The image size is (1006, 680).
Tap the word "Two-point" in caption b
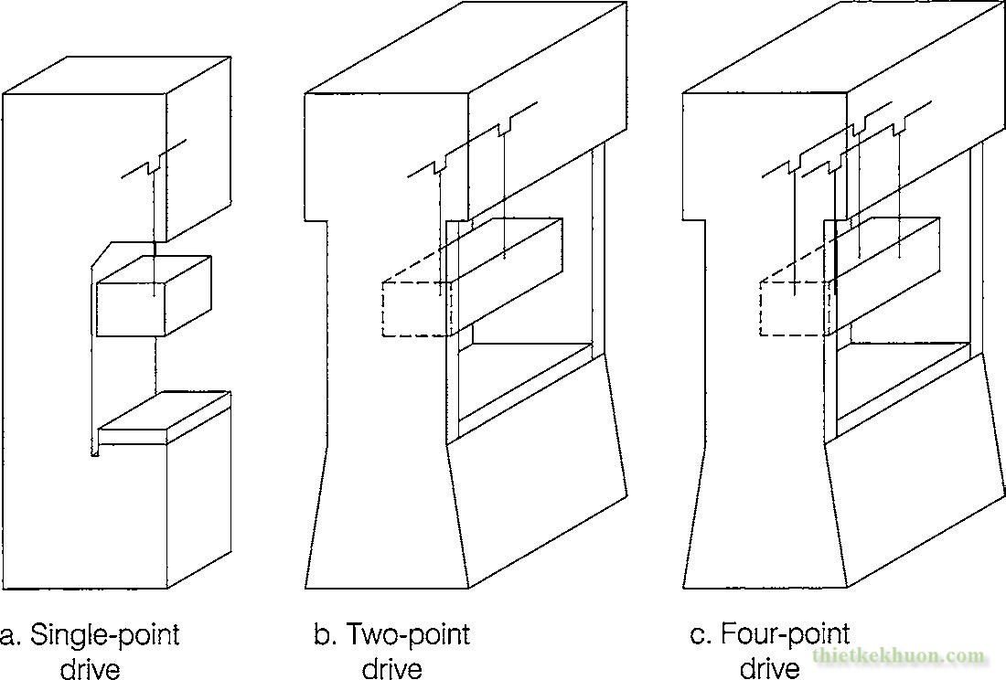408,634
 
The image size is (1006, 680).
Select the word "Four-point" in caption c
786,634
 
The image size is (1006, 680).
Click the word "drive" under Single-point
91,668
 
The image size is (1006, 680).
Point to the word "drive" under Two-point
392,668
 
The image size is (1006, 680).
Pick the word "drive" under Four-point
770,668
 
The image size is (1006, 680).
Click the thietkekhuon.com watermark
898,656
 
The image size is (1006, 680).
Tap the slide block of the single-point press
154,296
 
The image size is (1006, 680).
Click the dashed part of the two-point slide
417,308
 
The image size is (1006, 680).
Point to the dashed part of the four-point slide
794,308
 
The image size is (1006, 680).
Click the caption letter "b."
325,634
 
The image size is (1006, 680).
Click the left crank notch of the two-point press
440,166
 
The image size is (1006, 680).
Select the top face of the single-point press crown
117,76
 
